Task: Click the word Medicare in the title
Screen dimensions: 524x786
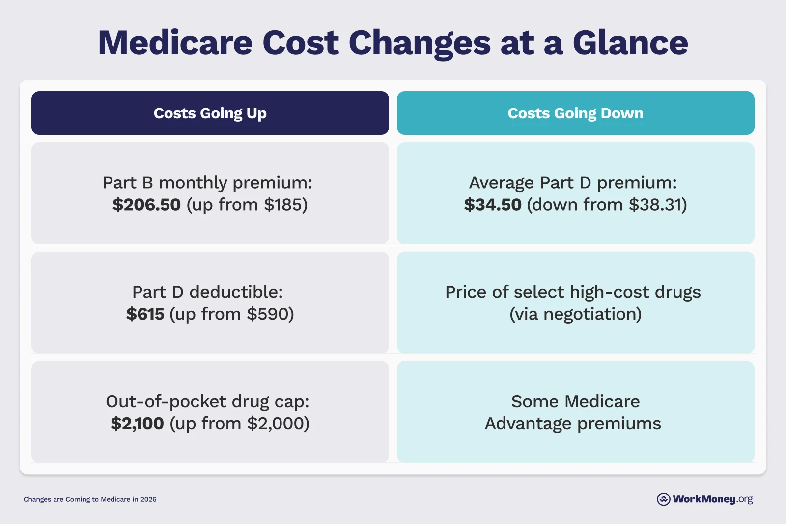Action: (175, 43)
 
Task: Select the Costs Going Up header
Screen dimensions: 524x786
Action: (210, 113)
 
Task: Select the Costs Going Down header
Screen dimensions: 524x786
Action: (575, 113)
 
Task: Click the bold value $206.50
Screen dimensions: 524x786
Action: (146, 205)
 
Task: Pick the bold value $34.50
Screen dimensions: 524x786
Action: (493, 205)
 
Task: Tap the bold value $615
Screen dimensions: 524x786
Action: (145, 314)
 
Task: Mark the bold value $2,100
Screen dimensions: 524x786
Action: (137, 424)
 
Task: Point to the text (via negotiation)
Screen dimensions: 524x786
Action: (575, 314)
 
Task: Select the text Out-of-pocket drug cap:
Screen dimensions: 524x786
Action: (207, 402)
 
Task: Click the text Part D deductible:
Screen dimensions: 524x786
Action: (207, 292)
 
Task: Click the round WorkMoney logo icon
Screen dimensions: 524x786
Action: (663, 499)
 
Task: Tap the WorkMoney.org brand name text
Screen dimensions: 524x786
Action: (712, 499)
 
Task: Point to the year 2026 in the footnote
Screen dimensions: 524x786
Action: (148, 499)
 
